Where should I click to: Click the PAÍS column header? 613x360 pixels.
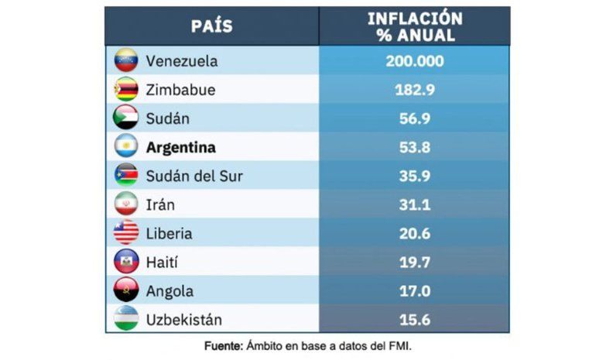click(211, 26)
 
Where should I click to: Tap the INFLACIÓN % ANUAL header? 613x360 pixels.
click(414, 26)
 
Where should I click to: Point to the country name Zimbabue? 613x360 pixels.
click(180, 90)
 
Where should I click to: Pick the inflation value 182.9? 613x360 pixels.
click(414, 90)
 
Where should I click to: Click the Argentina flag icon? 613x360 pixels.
click(126, 147)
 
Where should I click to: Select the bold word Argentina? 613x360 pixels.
click(180, 147)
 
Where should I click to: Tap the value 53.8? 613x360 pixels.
click(414, 147)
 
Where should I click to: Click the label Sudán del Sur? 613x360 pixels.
click(193, 176)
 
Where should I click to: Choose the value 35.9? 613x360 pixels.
click(414, 176)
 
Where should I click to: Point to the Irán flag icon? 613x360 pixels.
click(126, 204)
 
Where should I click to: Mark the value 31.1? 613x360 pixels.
click(414, 204)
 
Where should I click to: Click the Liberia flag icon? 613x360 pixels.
click(126, 233)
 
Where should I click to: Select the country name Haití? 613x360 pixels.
click(163, 262)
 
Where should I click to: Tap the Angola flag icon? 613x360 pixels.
click(126, 290)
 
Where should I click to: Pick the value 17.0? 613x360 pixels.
click(414, 290)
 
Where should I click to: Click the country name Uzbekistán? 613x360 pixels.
click(183, 319)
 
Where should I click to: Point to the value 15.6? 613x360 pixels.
click(414, 319)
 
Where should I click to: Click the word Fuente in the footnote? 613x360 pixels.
click(222, 345)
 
